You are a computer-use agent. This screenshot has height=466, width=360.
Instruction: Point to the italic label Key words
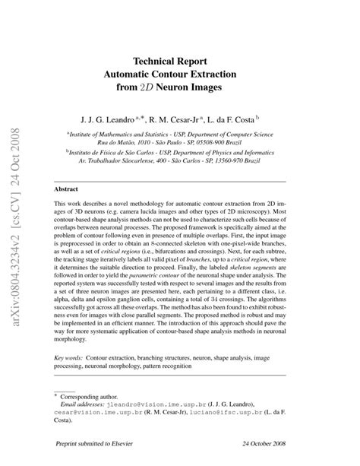[x=69, y=357]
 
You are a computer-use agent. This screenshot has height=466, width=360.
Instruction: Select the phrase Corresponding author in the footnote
[x=95, y=397]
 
